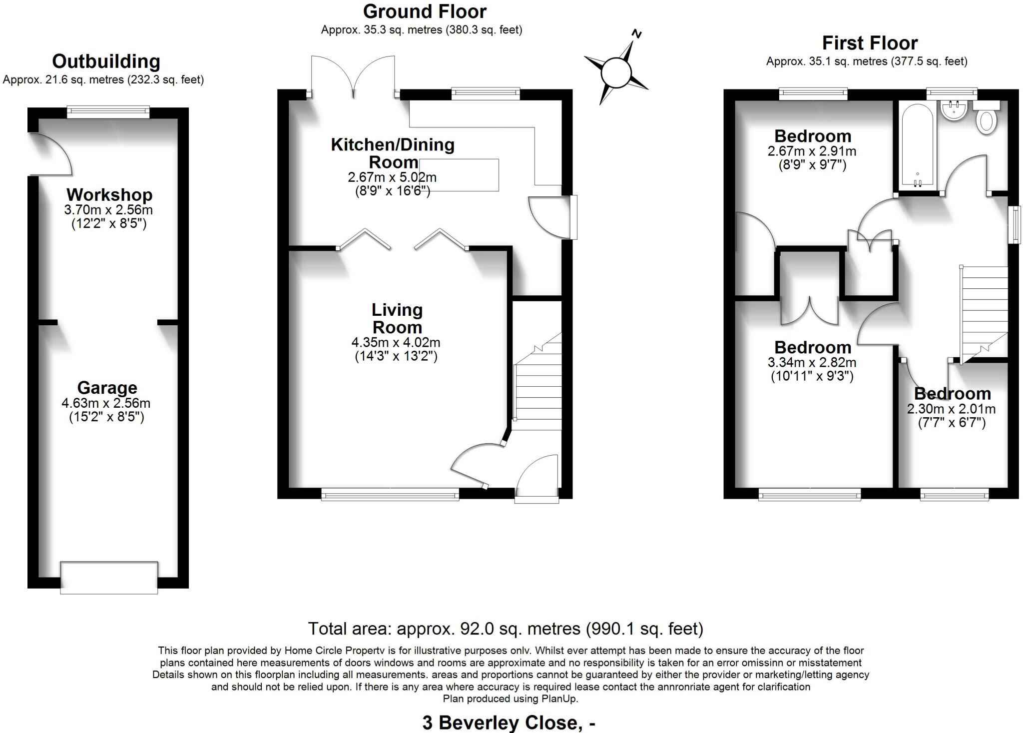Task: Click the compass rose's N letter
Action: [636, 34]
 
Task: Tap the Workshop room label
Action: [109, 194]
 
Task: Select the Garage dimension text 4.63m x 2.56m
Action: [106, 403]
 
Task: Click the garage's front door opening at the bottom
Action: [109, 578]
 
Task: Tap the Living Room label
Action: [397, 318]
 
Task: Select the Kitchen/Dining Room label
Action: [393, 153]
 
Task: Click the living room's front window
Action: [390, 495]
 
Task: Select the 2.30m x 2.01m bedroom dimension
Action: [951, 409]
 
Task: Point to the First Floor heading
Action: [869, 43]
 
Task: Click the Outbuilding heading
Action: [106, 61]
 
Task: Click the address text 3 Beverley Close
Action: [509, 723]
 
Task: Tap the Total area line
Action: [506, 628]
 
